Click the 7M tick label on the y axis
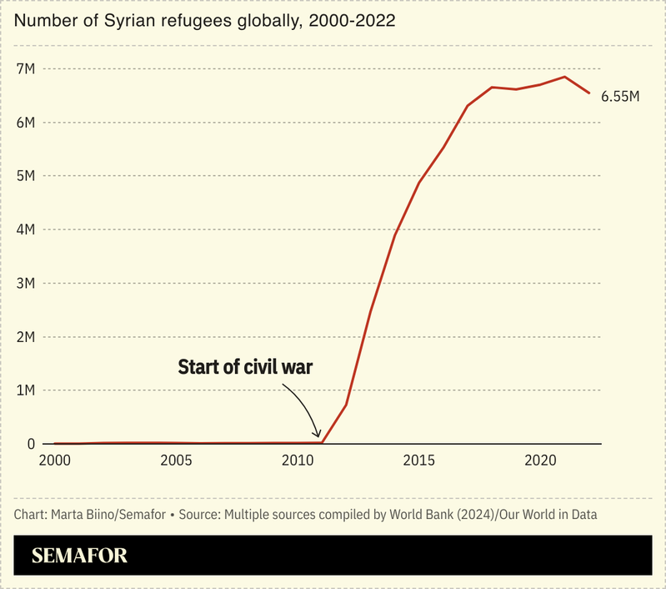tap(26, 68)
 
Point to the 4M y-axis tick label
tap(26, 229)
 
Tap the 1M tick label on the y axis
tap(26, 390)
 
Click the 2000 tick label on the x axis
tap(54, 461)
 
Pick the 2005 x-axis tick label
tap(175, 461)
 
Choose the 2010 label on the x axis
tap(298, 461)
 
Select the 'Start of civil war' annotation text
tap(245, 367)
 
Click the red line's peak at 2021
tap(565, 77)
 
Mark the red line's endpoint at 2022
tap(589, 93)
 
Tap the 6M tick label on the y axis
tap(26, 123)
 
